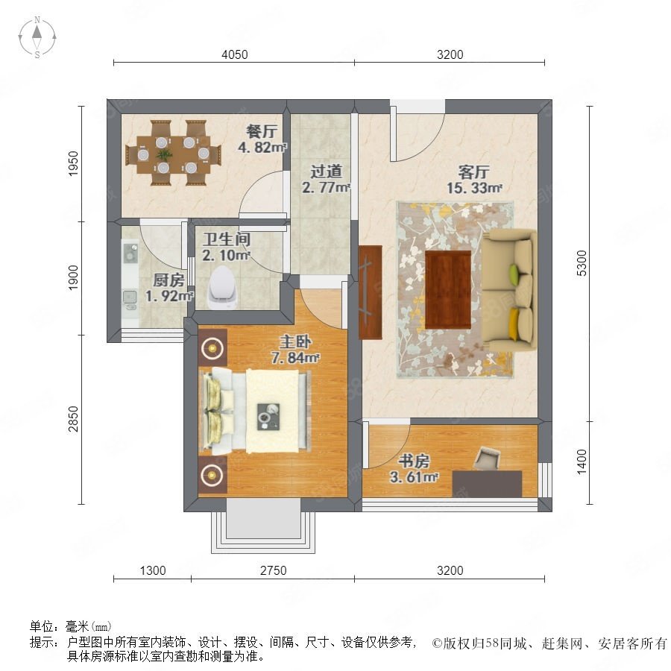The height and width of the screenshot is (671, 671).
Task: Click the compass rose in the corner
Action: [37, 37]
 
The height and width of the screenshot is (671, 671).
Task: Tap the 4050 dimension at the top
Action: [235, 54]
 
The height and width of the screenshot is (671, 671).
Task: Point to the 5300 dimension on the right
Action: [582, 262]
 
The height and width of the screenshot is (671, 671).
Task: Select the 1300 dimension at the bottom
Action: [153, 570]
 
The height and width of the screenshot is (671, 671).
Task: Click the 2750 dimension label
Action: [274, 570]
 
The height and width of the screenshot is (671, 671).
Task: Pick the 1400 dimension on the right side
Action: [582, 461]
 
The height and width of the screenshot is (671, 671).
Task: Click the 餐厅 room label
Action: [262, 131]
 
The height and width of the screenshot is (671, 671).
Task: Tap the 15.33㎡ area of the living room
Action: [474, 188]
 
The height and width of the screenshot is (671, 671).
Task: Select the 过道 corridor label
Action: [326, 171]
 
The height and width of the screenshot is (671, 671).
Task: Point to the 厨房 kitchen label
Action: [168, 280]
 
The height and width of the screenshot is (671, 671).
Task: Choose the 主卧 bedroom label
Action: [295, 342]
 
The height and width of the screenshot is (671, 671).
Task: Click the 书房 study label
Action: [414, 461]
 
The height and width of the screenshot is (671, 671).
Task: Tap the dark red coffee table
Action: [448, 290]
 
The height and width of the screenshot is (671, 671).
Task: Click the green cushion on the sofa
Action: [514, 273]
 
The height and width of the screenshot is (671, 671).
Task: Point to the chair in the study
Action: [487, 459]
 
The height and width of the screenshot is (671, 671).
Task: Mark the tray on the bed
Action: [268, 417]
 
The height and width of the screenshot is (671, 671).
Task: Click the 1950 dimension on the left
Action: [74, 163]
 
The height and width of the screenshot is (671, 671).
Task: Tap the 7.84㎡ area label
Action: [295, 357]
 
